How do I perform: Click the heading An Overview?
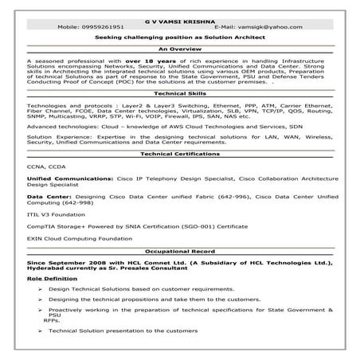(179, 48)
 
